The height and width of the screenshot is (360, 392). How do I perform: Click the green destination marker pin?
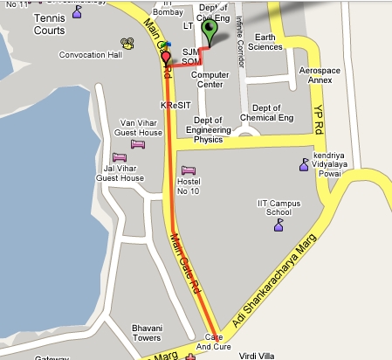pos(209,31)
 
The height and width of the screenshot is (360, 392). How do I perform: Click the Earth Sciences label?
pos(265,41)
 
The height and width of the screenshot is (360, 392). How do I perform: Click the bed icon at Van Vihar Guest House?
pos(137,144)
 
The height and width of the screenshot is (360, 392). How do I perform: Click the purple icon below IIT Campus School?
pos(279,225)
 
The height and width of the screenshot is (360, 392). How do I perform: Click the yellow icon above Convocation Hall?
pos(127,41)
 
